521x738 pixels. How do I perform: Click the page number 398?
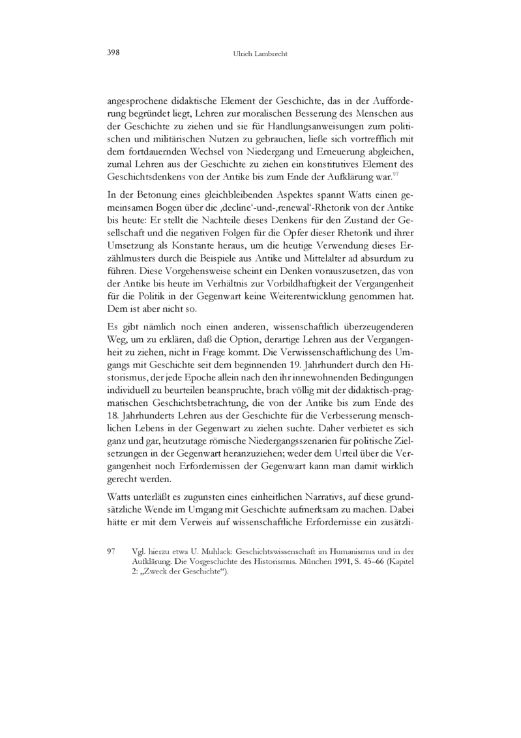(x=112, y=53)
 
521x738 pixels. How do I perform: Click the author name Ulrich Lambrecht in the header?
(x=260, y=54)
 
